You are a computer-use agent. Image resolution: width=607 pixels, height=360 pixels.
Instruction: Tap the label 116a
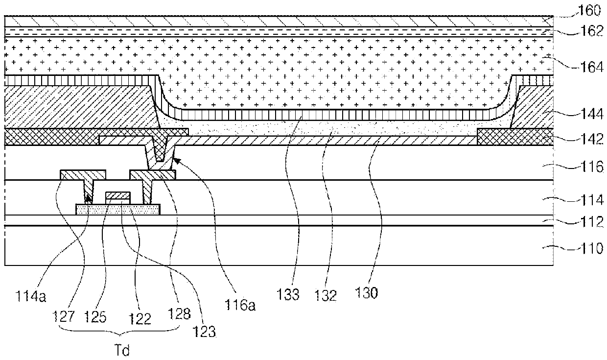(x=239, y=305)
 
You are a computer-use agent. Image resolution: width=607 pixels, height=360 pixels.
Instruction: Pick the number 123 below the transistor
(x=206, y=333)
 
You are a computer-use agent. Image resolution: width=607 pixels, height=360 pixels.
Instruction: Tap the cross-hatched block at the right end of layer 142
(x=515, y=137)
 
